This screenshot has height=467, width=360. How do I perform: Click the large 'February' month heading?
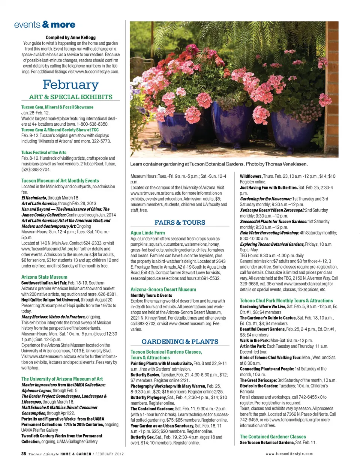coord(70,85)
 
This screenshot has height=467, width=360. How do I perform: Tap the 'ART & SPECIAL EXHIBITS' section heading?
coord(70,97)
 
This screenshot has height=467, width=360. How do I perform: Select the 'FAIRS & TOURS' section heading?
coord(180,222)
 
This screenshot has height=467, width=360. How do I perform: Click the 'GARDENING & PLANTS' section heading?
coord(180,342)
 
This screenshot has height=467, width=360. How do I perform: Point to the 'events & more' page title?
coord(45,25)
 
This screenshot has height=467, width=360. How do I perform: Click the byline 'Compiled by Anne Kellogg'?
coord(70,38)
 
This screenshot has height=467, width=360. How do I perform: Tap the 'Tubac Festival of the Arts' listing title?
coord(44,152)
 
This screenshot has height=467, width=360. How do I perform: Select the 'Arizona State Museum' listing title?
coord(44,277)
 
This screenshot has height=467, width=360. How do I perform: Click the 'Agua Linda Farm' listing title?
coord(148,233)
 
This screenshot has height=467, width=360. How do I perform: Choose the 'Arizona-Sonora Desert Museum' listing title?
coord(163,290)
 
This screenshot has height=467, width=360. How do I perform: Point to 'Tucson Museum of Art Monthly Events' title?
coord(60,180)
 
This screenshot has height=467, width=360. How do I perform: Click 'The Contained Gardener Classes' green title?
coord(273,437)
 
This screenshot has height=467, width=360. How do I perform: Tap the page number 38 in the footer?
coord(24,454)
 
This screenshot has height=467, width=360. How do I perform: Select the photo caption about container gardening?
coord(219,164)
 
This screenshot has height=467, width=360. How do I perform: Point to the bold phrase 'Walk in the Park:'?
coord(255,341)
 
